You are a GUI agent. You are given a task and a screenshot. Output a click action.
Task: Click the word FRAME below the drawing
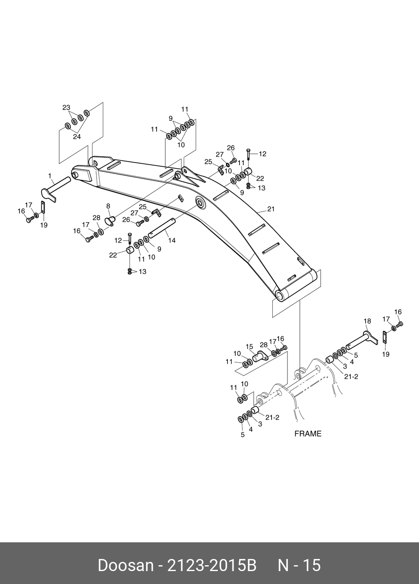[x=308, y=434]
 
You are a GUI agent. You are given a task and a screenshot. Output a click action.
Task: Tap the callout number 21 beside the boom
[x=271, y=209]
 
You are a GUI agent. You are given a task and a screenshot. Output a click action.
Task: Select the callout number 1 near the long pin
[x=50, y=176]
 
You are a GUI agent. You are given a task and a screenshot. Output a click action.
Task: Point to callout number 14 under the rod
[x=172, y=241]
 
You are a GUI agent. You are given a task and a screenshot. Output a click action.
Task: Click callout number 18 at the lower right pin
[x=367, y=321]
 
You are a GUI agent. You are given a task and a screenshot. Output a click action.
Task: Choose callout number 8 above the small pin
[x=108, y=206]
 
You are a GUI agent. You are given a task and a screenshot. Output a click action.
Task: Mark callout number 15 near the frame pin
[x=249, y=346]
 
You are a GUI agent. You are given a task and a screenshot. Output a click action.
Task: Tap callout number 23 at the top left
[x=66, y=108]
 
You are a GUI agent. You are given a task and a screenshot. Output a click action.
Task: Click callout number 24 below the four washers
[x=77, y=137]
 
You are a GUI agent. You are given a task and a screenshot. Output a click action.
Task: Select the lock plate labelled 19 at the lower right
[x=385, y=337]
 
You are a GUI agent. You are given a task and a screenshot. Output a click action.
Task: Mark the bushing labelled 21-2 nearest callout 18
[x=329, y=359]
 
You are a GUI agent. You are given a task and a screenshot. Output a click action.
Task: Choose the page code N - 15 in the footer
[x=299, y=565]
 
